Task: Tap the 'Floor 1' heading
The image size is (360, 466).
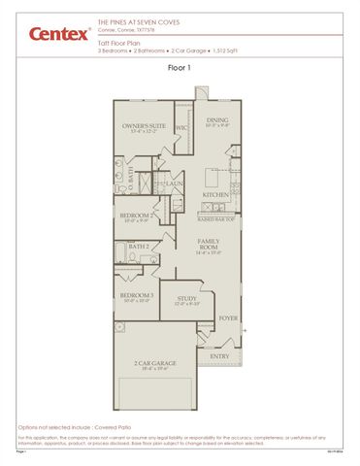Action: (x=180, y=68)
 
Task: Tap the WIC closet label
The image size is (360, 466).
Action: (x=181, y=127)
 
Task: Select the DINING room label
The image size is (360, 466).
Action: (x=217, y=120)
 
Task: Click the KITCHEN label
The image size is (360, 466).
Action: (x=215, y=194)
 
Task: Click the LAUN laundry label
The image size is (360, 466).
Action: (x=175, y=183)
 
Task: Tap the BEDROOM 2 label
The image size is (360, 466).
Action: (x=135, y=216)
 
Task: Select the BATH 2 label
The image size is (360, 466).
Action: (x=139, y=247)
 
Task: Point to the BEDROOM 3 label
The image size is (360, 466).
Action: (x=136, y=295)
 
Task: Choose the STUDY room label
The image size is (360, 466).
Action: (x=187, y=299)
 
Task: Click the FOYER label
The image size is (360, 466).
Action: (x=229, y=317)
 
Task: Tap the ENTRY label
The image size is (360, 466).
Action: (x=220, y=356)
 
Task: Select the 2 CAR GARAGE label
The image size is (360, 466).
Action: (x=156, y=363)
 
